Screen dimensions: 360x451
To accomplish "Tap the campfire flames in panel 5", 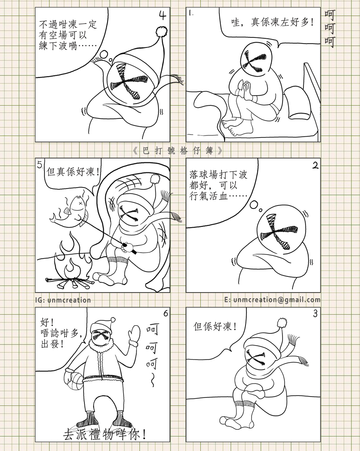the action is (x=72, y=259).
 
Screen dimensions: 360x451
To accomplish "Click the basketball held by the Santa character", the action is (x=74, y=381).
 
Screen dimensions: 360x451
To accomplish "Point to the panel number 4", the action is (x=162, y=16).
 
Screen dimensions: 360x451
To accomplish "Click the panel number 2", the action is (x=315, y=166).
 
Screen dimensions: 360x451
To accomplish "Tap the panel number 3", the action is (x=315, y=314).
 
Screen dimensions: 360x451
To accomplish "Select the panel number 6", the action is (x=165, y=313).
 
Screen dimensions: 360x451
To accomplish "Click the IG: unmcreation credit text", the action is (x=63, y=300).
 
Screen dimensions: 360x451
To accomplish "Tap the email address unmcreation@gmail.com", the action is (x=277, y=300).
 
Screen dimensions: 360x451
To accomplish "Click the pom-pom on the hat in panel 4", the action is (x=162, y=31).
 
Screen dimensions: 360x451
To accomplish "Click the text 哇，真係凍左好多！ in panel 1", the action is (x=273, y=22).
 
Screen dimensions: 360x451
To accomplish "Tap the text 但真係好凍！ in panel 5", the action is (x=74, y=172).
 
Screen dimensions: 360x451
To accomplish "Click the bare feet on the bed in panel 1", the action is (x=237, y=127).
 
